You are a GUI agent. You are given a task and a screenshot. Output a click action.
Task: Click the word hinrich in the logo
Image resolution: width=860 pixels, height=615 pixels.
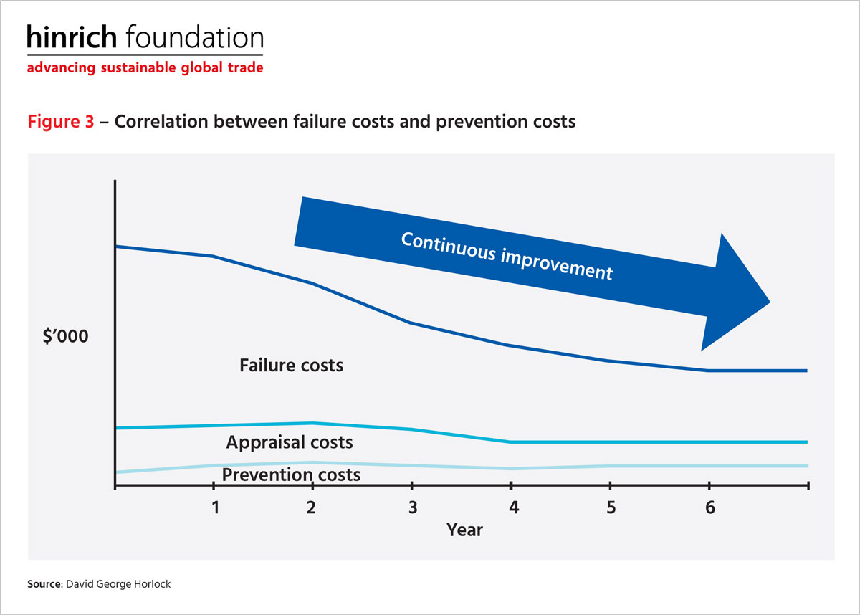72,37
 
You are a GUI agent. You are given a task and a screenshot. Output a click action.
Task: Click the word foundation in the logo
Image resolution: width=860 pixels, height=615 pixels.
195,37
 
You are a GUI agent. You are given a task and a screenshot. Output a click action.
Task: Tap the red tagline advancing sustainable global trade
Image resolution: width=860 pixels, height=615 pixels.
145,67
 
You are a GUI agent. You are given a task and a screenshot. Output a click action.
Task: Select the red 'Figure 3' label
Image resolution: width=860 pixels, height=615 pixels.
61,121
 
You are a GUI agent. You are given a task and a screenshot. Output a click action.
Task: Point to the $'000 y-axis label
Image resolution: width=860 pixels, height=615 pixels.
66,336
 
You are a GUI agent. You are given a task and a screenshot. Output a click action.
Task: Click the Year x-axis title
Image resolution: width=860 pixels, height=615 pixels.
464,530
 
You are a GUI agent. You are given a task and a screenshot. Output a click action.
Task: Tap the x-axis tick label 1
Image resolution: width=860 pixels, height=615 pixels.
216,507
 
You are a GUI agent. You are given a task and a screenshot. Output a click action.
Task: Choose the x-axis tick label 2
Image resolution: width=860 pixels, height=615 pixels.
311,507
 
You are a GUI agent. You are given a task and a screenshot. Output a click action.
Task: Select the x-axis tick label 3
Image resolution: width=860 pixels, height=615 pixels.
413,507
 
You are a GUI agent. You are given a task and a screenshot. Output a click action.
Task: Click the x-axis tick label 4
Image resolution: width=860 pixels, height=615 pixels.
514,507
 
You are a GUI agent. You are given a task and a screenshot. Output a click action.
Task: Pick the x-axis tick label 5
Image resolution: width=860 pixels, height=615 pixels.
611,507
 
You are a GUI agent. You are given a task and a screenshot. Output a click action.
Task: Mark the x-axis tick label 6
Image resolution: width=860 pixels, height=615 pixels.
710,507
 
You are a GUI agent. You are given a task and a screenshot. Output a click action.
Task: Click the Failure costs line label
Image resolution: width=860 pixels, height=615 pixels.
292,366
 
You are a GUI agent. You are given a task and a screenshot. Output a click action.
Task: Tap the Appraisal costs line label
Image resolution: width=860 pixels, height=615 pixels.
290,442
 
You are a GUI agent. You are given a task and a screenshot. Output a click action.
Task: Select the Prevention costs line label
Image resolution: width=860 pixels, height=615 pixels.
292,475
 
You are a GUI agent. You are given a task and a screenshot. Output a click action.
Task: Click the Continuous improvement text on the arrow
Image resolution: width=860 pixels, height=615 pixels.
507,256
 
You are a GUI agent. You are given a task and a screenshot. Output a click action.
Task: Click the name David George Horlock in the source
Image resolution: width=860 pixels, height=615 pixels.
118,584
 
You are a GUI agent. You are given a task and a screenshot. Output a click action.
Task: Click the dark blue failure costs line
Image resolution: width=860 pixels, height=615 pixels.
411,323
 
